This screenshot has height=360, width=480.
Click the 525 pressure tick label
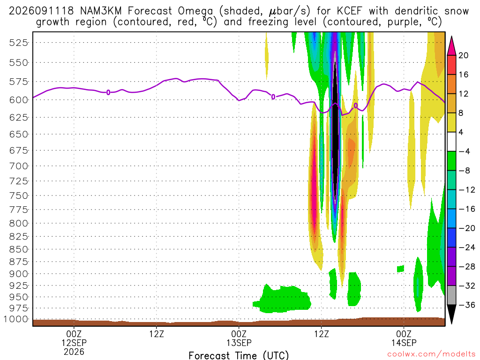tap(18, 43)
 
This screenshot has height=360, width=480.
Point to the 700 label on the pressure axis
tap(18, 166)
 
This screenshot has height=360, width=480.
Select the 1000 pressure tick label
tap(15, 319)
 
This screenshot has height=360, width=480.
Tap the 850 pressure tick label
tap(18, 249)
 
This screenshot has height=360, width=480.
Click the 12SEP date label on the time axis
tap(74, 343)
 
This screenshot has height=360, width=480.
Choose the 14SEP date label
tap(404, 343)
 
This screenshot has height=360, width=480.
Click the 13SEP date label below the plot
tap(239, 343)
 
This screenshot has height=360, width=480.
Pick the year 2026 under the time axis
tap(74, 352)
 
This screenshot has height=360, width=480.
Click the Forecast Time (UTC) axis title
tap(239, 355)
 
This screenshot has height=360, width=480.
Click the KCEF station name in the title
tap(349, 11)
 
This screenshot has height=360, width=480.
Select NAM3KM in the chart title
tap(100, 11)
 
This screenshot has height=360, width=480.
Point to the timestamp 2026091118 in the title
tap(41, 11)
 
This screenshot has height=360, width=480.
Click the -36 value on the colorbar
tap(467, 305)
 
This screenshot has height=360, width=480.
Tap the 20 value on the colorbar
tap(464, 55)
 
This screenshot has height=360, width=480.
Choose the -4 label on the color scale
tap(464, 151)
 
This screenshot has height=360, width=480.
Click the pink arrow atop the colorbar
tap(451, 45)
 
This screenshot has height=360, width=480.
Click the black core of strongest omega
tap(336, 132)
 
